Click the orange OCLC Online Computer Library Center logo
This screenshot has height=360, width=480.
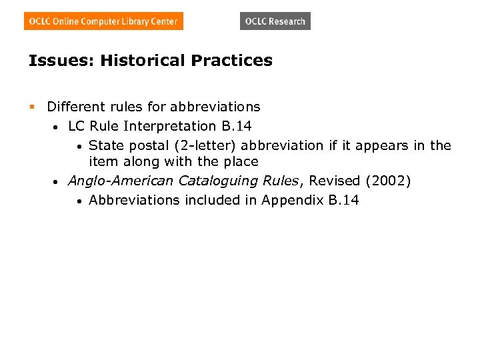click(x=103, y=21)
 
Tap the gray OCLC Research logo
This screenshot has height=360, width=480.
click(x=275, y=21)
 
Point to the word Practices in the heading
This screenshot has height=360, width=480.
click(x=231, y=61)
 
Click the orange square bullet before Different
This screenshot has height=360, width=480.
click(x=31, y=107)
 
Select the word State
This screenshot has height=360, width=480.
click(x=105, y=145)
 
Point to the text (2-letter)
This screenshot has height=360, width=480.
click(x=207, y=145)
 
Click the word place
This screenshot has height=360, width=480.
click(x=240, y=161)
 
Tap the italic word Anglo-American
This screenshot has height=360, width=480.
click(x=121, y=181)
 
